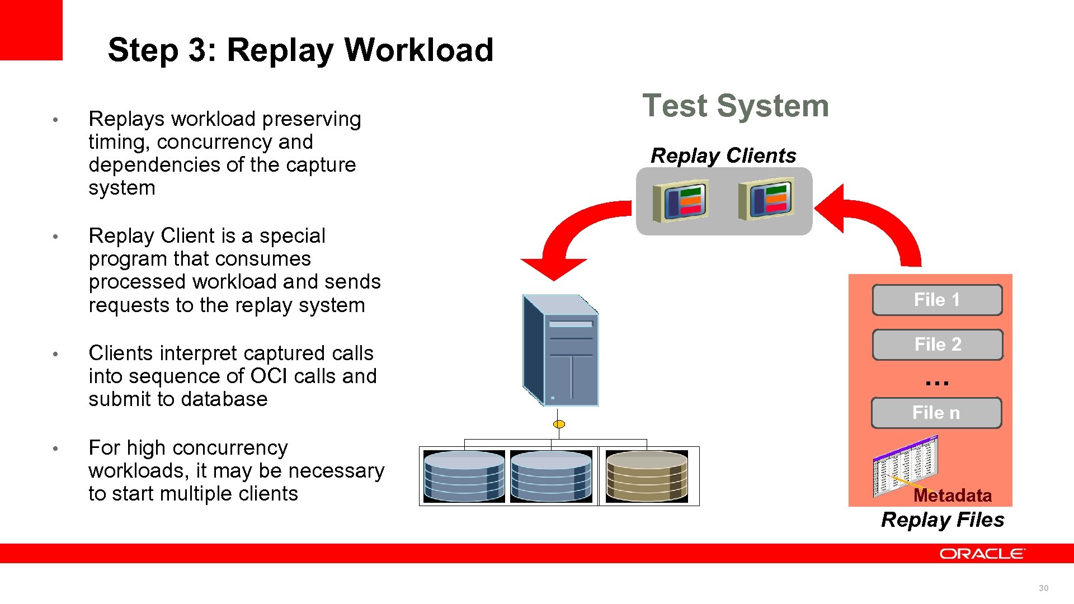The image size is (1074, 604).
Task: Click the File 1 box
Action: (x=937, y=300)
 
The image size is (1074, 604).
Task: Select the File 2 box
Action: (x=938, y=345)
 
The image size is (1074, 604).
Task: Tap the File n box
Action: (x=936, y=413)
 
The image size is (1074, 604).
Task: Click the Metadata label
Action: (x=952, y=496)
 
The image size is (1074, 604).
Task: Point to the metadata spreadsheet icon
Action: (x=905, y=465)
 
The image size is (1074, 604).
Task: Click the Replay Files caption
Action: (x=943, y=520)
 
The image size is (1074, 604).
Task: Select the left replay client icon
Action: (x=681, y=200)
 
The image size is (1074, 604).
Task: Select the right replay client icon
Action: (x=766, y=199)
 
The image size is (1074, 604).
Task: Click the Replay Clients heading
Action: (x=723, y=155)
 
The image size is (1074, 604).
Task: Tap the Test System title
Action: (x=735, y=106)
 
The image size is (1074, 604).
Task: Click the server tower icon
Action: (x=561, y=350)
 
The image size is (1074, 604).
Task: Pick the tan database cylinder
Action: (x=647, y=476)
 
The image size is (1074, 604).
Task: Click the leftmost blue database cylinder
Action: (x=464, y=476)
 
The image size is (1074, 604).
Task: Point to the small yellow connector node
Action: (x=559, y=424)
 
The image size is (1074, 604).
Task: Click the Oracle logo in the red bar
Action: (x=982, y=554)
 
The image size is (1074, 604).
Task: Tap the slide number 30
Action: (x=1043, y=588)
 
